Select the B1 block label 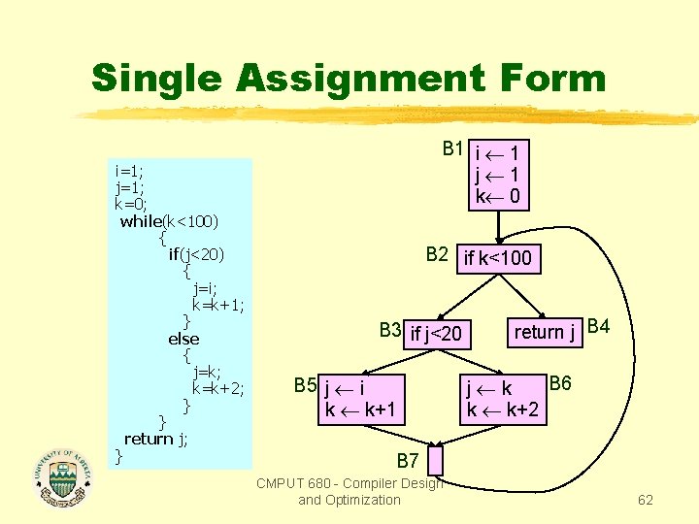(452, 148)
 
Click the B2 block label (437, 255)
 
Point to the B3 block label (390, 330)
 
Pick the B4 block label (599, 326)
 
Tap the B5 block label (306, 385)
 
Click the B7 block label (408, 458)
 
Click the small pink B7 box (434, 460)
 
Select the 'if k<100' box (498, 258)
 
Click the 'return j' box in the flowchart (546, 332)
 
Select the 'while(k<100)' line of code (169, 221)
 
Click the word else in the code (183, 339)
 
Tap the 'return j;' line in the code (155, 439)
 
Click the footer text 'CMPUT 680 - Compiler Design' (349, 483)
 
